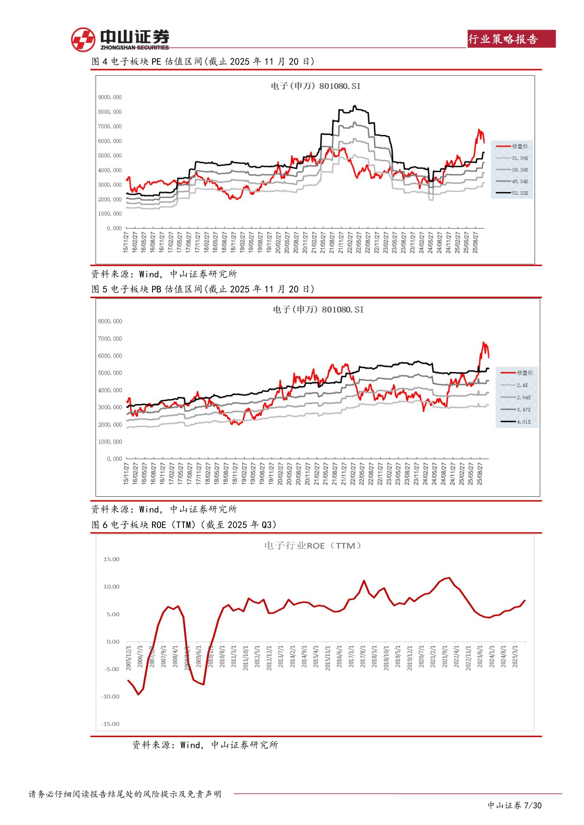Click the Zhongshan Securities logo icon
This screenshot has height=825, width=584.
pyautogui.click(x=83, y=40)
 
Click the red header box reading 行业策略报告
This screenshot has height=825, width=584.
pyautogui.click(x=512, y=39)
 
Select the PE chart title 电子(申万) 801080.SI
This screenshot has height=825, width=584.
pyautogui.click(x=315, y=86)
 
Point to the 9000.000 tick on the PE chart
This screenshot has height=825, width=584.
pyautogui.click(x=110, y=97)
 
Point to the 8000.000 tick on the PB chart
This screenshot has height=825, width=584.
pyautogui.click(x=110, y=321)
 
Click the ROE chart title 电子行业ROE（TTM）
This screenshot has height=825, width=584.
pyautogui.click(x=313, y=546)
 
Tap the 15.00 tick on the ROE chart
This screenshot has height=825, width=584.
pyautogui.click(x=112, y=559)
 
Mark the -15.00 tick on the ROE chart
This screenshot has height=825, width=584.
pyautogui.click(x=111, y=724)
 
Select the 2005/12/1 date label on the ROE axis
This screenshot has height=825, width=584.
pyautogui.click(x=128, y=658)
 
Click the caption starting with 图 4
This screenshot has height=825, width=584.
pyautogui.click(x=203, y=62)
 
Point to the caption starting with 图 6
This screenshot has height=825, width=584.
pyautogui.click(x=184, y=525)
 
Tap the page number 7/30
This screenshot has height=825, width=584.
pyautogui.click(x=533, y=805)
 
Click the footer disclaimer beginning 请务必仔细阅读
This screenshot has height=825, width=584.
pyautogui.click(x=125, y=794)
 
